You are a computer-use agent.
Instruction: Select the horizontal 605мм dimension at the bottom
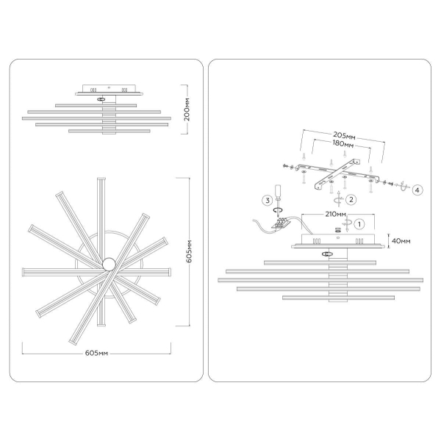coord(97,354)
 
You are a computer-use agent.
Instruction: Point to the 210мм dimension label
coord(335,214)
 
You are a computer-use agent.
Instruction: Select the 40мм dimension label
coord(401,241)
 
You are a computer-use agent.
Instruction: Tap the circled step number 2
coord(351,198)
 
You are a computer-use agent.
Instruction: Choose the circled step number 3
coord(268,200)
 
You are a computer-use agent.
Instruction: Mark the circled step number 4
coord(417,190)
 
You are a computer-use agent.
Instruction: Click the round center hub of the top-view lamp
coord(109,263)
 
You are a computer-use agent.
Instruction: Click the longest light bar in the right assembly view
coord(320,280)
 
